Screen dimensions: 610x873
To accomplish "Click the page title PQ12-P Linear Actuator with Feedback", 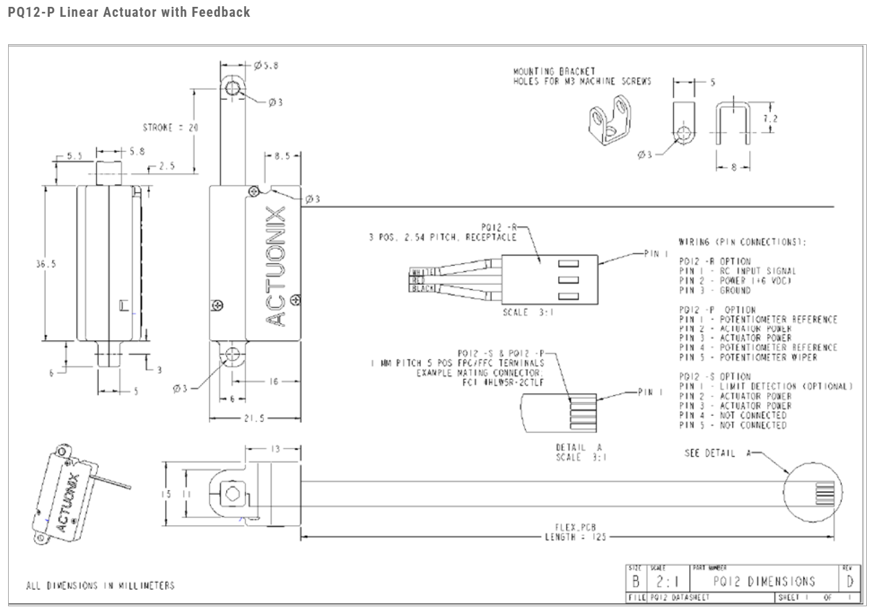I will [x=129, y=12].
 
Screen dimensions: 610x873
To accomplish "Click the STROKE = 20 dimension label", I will [x=171, y=128].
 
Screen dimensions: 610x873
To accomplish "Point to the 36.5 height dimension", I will [x=45, y=264].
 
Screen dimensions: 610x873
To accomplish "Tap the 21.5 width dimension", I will [x=255, y=418].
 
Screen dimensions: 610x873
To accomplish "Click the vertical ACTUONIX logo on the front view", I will [x=276, y=265].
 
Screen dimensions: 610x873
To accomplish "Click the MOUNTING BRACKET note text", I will [x=582, y=76].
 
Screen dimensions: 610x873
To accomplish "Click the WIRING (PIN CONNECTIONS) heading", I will [x=742, y=242].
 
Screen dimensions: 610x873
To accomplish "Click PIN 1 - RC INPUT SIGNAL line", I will [x=737, y=271].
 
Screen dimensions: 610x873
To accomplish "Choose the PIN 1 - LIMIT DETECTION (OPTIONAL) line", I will [x=765, y=386].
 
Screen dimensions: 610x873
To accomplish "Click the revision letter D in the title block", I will [x=850, y=581].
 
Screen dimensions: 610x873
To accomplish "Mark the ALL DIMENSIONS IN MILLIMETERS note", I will [x=100, y=586].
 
